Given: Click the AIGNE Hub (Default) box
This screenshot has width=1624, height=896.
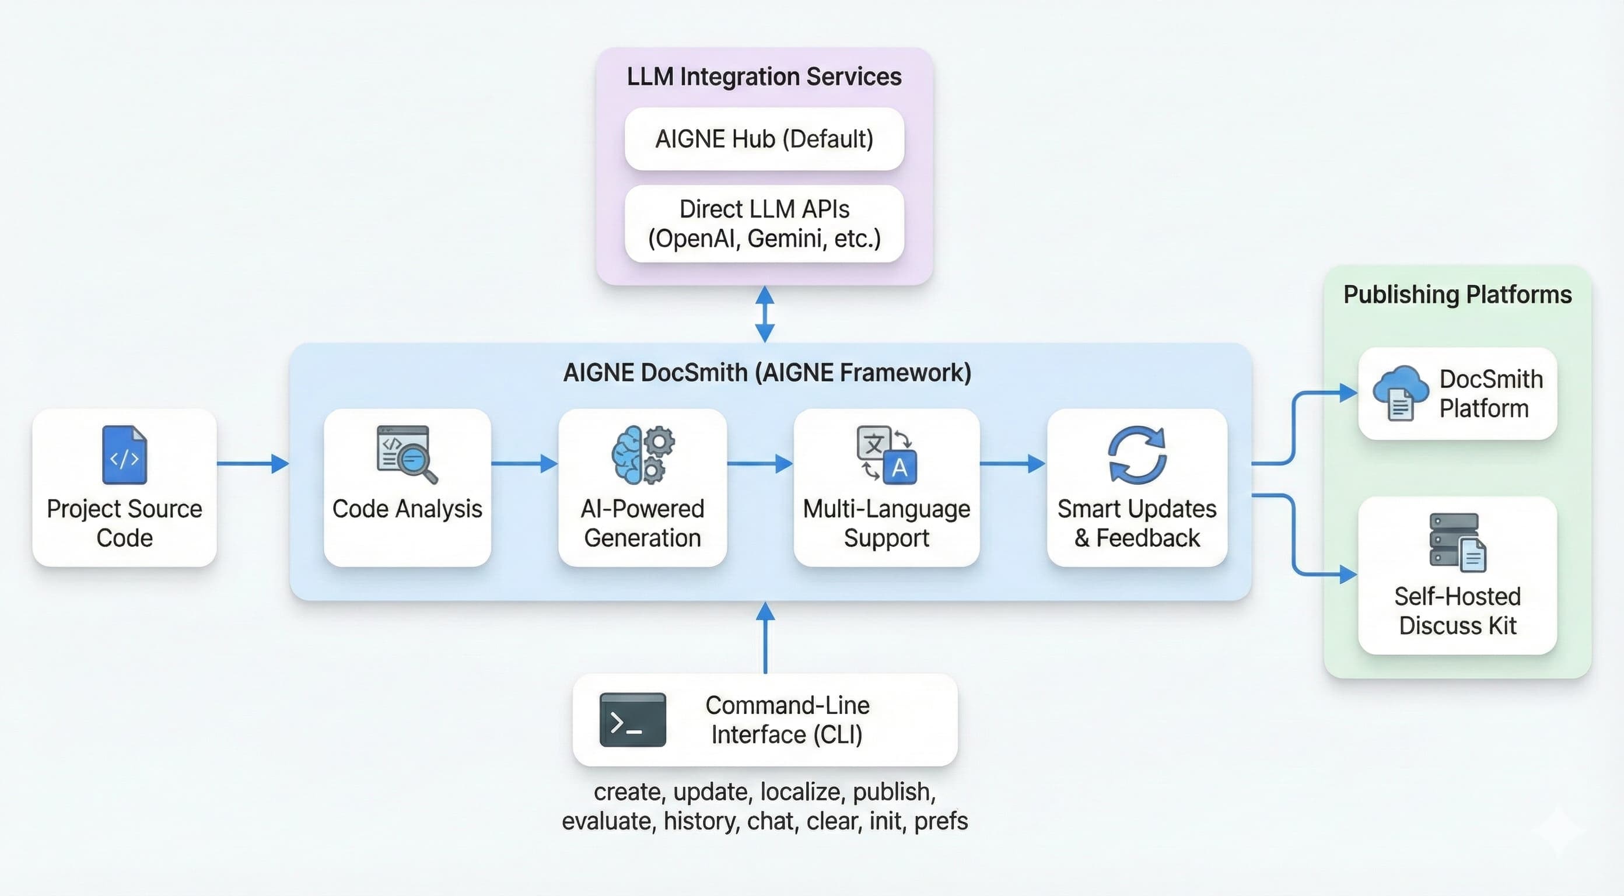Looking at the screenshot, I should pyautogui.click(x=764, y=139).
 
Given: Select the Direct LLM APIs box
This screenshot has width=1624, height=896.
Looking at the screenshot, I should pyautogui.click(x=764, y=224).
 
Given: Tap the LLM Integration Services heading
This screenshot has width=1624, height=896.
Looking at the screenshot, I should pyautogui.click(x=764, y=77).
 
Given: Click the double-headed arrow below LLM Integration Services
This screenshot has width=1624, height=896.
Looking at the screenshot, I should pyautogui.click(x=765, y=314).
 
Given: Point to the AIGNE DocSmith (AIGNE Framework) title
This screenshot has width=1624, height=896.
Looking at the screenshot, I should pyautogui.click(x=766, y=373).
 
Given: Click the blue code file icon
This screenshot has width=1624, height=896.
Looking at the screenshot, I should pyautogui.click(x=124, y=454).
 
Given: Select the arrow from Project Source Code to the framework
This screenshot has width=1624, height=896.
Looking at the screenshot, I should pyautogui.click(x=252, y=463).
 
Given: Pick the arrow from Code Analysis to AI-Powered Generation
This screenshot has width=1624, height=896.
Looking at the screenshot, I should pyautogui.click(x=524, y=463).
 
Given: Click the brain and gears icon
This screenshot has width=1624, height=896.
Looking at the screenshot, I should pyautogui.click(x=642, y=454).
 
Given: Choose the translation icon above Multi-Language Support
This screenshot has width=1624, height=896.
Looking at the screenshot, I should pyautogui.click(x=885, y=454).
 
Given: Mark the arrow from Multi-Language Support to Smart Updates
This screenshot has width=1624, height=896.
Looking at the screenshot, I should pyautogui.click(x=1013, y=463).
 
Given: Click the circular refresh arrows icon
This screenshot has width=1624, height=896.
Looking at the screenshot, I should pyautogui.click(x=1137, y=454).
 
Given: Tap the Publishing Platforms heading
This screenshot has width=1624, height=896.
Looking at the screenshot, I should pyautogui.click(x=1457, y=295).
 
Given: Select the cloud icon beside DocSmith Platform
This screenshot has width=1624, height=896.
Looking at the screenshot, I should pyautogui.click(x=1400, y=392).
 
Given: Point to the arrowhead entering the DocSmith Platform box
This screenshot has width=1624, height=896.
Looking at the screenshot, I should pyautogui.click(x=1349, y=393).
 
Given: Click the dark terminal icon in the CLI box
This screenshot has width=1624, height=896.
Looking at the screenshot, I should pyautogui.click(x=632, y=719).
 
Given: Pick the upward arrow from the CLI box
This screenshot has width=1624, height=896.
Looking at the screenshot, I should pyautogui.click(x=765, y=637).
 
